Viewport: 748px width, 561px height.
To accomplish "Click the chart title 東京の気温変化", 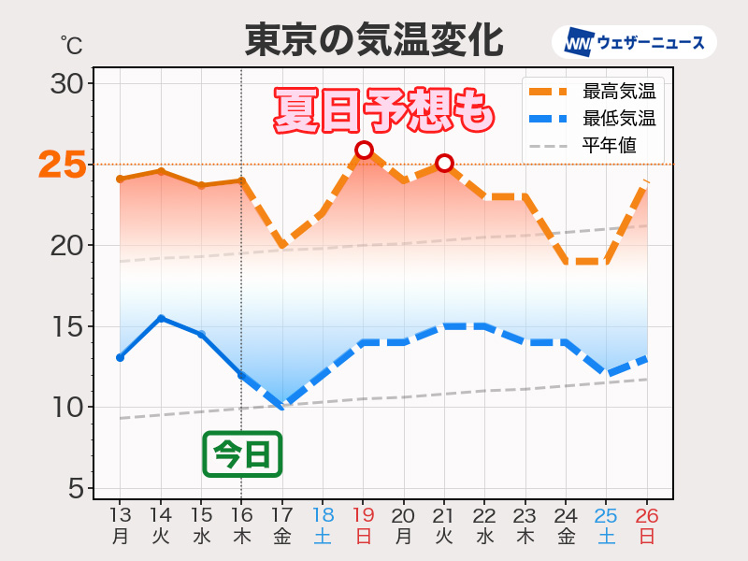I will (374, 40).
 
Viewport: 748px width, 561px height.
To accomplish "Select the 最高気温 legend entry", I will (593, 92).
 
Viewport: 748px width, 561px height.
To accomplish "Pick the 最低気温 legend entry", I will (593, 119).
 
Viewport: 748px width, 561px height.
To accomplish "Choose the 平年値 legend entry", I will (593, 145).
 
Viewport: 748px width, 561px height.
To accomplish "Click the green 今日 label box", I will (241, 454).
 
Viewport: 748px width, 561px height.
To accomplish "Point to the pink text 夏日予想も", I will (383, 110).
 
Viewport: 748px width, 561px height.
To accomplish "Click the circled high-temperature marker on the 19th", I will (364, 150).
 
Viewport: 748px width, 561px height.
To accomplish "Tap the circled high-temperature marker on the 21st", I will (444, 164).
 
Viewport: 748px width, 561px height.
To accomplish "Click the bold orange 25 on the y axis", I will (63, 165).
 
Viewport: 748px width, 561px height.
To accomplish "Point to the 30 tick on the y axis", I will (68, 83).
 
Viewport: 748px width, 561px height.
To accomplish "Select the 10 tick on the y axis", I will (68, 408).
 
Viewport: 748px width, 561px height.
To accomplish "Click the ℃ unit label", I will (71, 44).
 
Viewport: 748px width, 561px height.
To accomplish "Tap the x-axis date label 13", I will (120, 514).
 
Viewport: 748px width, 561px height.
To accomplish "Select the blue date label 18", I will (323, 514).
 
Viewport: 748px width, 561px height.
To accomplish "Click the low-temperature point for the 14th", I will (161, 318).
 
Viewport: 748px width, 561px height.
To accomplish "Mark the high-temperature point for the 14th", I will (161, 171).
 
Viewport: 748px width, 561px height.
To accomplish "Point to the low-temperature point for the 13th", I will (120, 357).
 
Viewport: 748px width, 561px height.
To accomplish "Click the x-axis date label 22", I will (484, 514).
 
